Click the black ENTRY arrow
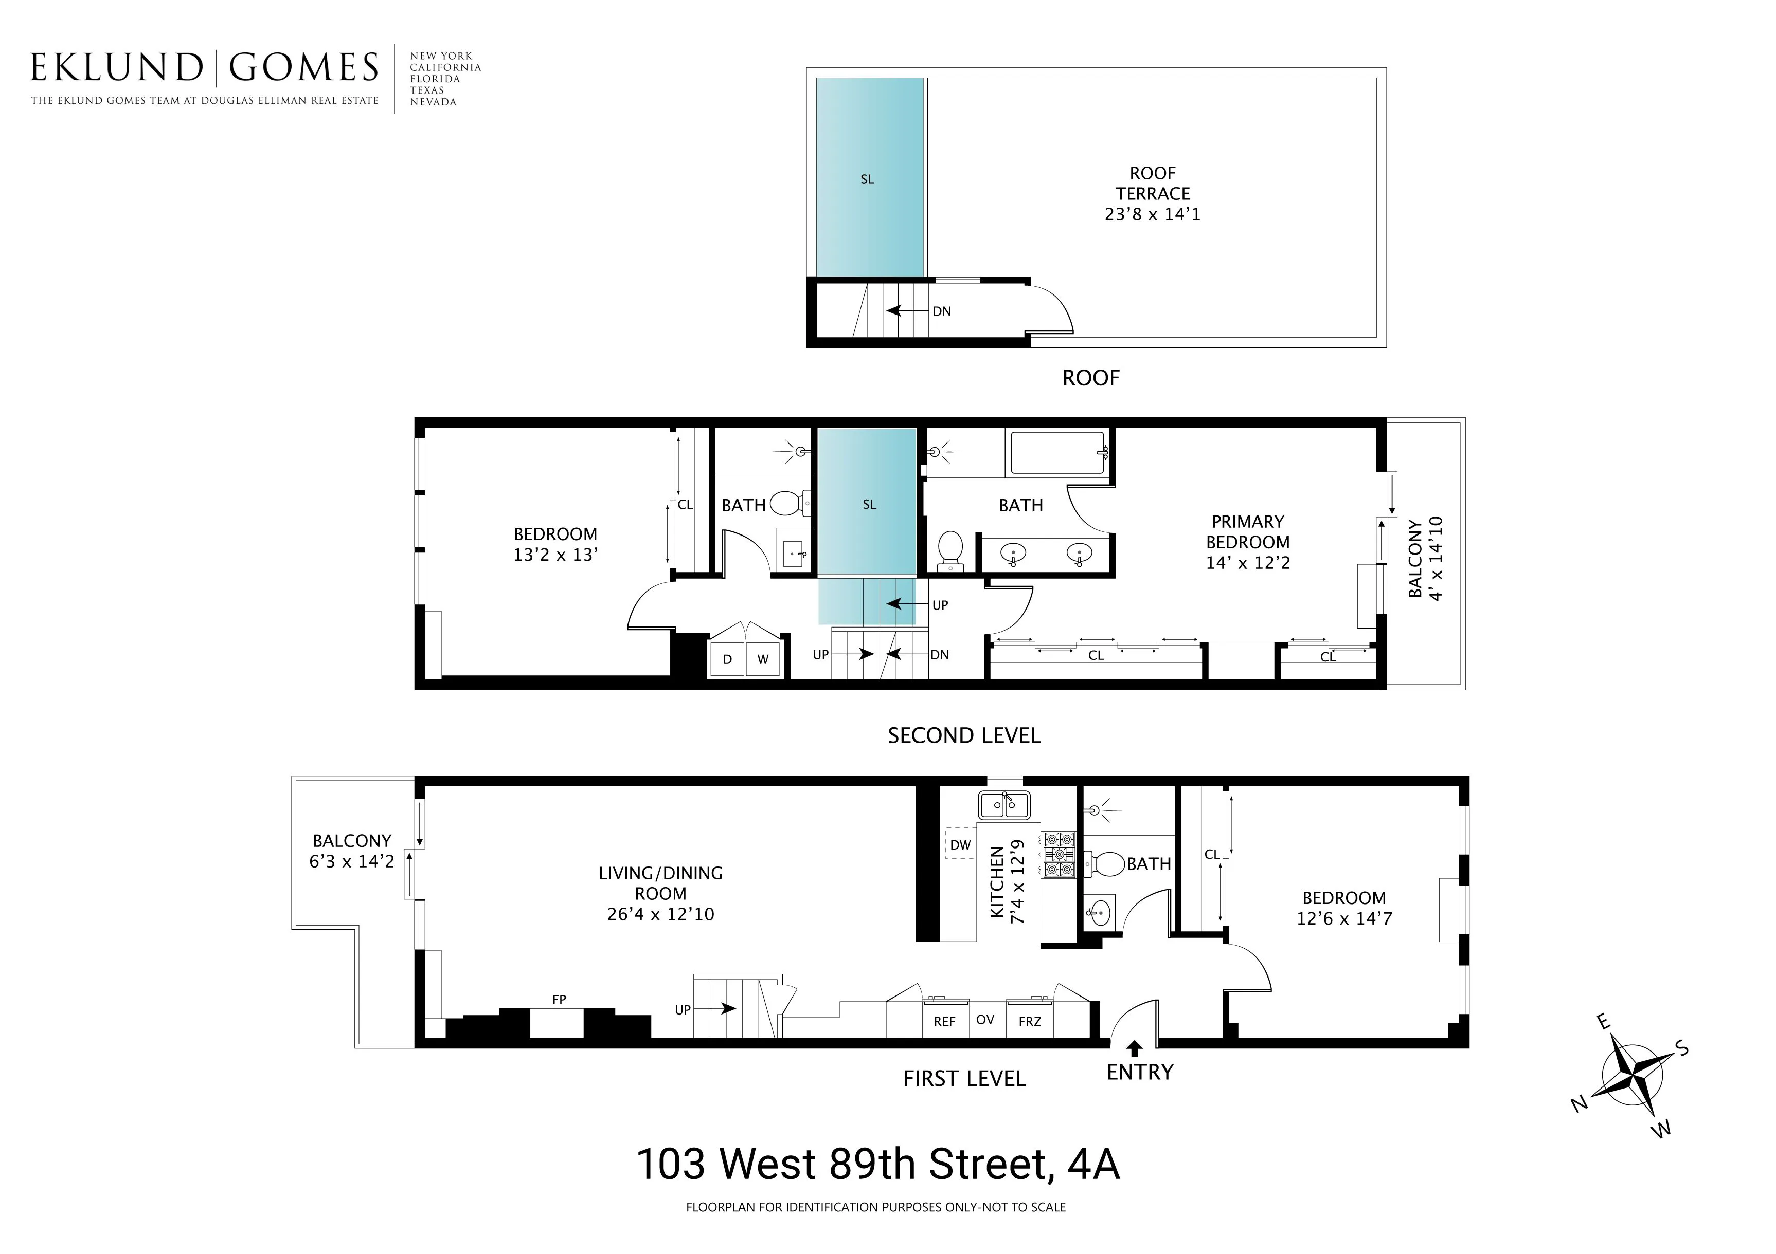pos(1135,1048)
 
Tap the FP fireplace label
pos(559,1000)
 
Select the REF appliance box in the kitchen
pos(944,1021)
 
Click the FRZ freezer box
pos(1030,1021)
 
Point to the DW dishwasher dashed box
pos(960,844)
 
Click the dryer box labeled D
pos(727,659)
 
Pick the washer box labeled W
pos(763,659)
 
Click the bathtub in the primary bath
pos(1058,454)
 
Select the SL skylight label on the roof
pos(867,179)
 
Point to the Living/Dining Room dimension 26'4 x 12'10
pos(660,914)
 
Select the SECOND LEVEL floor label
pos(964,735)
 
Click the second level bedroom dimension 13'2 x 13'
pos(555,555)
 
